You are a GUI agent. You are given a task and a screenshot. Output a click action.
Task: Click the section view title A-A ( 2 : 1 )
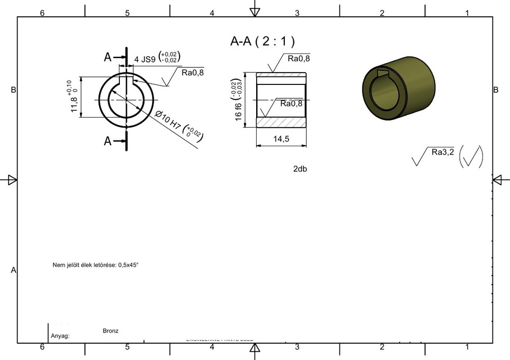tap(263, 41)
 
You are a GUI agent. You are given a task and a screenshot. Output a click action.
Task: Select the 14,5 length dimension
tap(281, 139)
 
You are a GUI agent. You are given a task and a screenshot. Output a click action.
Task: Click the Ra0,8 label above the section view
tap(298, 58)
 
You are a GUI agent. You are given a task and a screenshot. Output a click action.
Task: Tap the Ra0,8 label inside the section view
tap(291, 103)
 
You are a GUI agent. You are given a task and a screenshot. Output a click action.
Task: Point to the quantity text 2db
tap(300, 169)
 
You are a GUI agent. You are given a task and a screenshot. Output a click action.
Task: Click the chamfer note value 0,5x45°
tap(128, 264)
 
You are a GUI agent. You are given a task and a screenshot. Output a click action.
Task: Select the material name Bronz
tap(111, 331)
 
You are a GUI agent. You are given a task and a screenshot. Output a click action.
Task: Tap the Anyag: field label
tap(60, 336)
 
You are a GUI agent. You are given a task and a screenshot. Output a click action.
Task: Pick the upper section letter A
tap(108, 57)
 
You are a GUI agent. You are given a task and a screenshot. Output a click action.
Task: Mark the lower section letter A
tap(108, 141)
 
